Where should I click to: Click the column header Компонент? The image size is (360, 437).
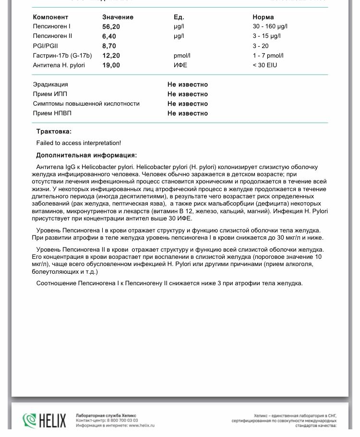(50, 17)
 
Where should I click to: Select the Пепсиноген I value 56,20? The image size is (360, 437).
(111, 27)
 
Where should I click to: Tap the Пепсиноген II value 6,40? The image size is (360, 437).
(109, 36)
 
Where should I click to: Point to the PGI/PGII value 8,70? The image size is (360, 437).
(109, 46)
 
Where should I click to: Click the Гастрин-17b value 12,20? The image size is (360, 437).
(111, 56)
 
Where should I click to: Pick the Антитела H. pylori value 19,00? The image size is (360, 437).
(111, 65)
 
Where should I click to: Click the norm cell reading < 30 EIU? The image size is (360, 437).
(265, 65)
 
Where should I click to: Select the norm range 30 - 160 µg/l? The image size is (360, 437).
(270, 27)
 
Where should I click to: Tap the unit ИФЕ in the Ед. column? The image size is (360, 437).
(180, 65)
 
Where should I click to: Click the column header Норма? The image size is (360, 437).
(263, 17)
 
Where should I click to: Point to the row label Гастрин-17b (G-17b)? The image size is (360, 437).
(62, 56)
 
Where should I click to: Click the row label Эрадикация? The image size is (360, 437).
(50, 85)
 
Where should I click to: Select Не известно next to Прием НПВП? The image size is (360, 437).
(188, 114)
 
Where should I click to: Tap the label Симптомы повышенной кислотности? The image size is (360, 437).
(86, 104)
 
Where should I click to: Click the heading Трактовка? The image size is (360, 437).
(54, 132)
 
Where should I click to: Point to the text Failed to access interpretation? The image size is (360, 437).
(79, 143)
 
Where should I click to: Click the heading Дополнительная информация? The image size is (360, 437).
(86, 156)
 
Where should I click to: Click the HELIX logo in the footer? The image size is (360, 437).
(44, 421)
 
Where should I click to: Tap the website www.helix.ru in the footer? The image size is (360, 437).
(142, 425)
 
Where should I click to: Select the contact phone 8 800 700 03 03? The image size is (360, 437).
(122, 421)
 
